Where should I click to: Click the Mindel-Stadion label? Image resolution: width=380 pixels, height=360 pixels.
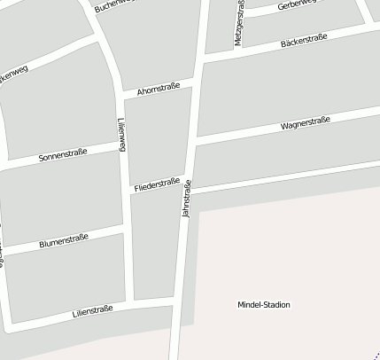tap(263, 305)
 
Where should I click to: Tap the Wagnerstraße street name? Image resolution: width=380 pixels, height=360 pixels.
tap(305, 124)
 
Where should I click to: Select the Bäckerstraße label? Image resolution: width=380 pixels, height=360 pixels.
tap(303, 40)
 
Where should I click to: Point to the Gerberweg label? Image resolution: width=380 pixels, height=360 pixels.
tap(295, 6)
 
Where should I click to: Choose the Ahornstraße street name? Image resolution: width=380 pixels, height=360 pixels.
tap(159, 89)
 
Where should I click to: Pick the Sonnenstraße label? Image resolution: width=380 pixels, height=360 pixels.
tap(63, 156)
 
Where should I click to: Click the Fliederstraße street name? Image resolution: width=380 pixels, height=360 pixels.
tap(157, 184)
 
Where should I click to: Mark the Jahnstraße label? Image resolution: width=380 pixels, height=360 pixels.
tap(186, 199)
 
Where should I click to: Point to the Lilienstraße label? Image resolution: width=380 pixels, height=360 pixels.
tap(92, 311)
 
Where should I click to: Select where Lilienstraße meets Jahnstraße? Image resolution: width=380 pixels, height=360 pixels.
tap(177, 305)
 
